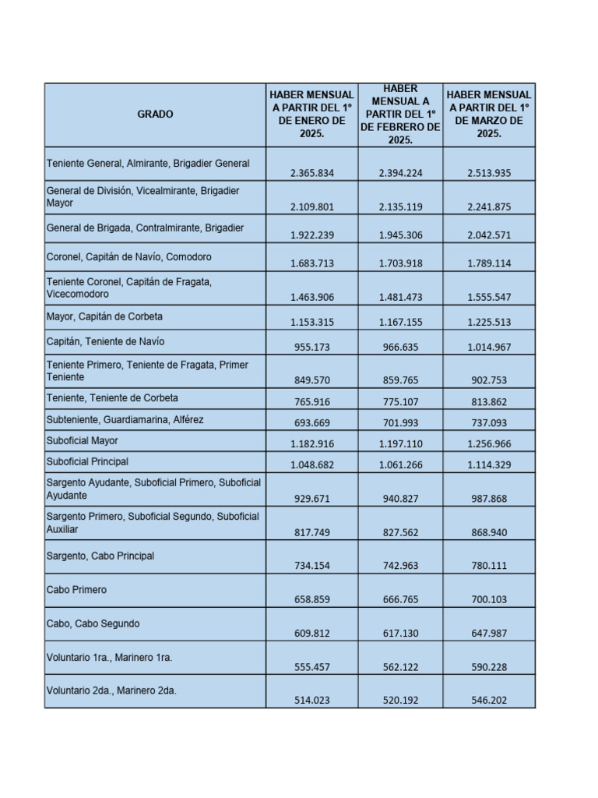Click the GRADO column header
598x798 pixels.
[155, 115]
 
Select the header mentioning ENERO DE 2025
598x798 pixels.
[311, 115]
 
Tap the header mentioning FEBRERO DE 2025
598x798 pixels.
[400, 115]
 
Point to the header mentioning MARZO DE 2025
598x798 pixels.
[489, 115]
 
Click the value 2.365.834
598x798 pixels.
[311, 173]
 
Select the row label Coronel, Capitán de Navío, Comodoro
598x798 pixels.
[129, 256]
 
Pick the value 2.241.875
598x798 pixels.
[489, 207]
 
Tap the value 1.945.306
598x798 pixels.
[400, 235]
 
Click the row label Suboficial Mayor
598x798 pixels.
[83, 440]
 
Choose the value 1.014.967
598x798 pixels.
[489, 347]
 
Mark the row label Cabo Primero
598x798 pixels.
[77, 590]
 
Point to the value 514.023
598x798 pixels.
[311, 700]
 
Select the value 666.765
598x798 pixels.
[400, 598]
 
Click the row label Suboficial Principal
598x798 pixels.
[87, 461]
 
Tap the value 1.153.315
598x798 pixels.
[311, 322]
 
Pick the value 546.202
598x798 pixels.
[489, 700]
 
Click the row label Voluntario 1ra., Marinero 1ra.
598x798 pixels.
[110, 658]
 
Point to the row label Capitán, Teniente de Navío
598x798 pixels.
[106, 341]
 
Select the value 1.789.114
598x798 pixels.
[489, 263]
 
